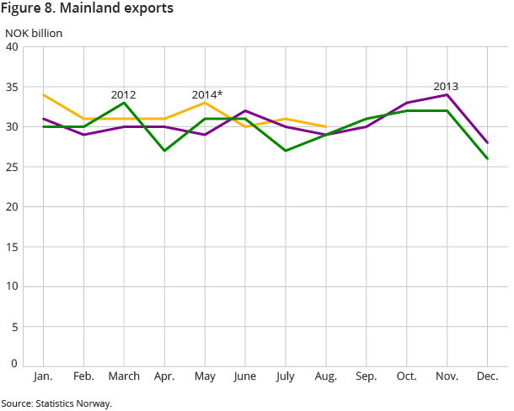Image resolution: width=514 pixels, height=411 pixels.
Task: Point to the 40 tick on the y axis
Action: (x=13, y=46)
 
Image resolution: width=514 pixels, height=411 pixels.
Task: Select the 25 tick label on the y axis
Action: (x=13, y=206)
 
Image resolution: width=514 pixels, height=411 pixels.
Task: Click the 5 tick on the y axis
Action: (x=16, y=326)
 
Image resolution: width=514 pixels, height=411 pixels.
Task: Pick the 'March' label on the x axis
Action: (x=124, y=375)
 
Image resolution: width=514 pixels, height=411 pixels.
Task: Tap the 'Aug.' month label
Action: (x=326, y=375)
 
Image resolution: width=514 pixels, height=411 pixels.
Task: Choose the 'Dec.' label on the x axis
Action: (x=488, y=375)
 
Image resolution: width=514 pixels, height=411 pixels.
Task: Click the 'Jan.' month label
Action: (x=43, y=375)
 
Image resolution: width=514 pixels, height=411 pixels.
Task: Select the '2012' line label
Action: (x=123, y=94)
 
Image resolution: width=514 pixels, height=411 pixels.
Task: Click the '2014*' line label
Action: (x=206, y=94)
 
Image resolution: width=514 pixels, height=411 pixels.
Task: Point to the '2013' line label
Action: (x=446, y=86)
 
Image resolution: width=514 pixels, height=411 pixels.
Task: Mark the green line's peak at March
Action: (x=124, y=103)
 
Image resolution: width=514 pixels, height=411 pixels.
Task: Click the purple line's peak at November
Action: (x=447, y=94)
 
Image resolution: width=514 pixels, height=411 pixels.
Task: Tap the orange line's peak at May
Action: (x=205, y=103)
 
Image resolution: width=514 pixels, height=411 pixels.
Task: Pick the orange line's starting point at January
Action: (x=43, y=94)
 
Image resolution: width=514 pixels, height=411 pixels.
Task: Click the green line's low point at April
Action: (x=164, y=151)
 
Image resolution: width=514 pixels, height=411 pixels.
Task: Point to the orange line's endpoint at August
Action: (x=326, y=126)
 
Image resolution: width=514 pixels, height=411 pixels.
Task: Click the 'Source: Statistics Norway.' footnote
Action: (x=56, y=403)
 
